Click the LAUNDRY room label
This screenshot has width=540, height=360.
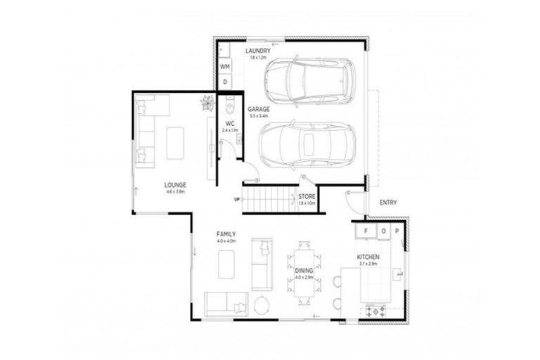click(257, 51)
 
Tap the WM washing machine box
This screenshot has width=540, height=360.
click(225, 66)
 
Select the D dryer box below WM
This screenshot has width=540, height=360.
click(225, 82)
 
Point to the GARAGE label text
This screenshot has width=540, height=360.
click(259, 109)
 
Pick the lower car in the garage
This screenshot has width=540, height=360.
click(307, 145)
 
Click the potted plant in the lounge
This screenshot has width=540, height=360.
click(207, 103)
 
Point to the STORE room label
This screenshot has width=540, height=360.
click(307, 197)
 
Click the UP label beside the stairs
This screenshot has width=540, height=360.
click(237, 199)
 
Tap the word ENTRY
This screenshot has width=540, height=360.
click(387, 202)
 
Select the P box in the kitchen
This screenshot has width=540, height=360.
click(396, 231)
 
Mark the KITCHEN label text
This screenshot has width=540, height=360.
click(368, 257)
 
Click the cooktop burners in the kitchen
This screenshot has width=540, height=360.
click(375, 310)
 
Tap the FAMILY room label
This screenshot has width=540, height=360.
click(226, 234)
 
